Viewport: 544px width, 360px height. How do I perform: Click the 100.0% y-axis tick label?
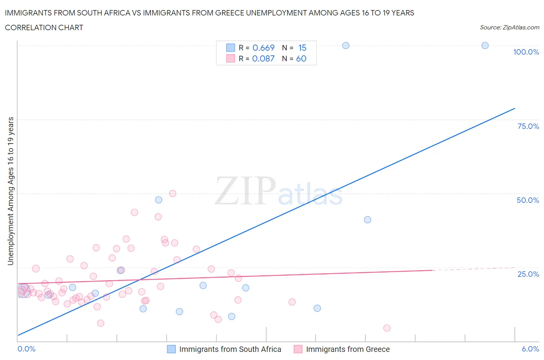(x=526, y=52)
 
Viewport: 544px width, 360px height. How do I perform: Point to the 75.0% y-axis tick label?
(x=528, y=126)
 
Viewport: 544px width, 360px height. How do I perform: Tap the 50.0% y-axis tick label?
(x=528, y=200)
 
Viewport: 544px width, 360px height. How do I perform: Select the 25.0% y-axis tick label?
(x=528, y=274)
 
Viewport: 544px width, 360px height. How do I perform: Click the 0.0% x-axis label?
(x=26, y=349)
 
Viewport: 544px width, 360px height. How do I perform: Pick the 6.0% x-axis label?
(x=530, y=349)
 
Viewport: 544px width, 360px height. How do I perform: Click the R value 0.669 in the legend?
(x=263, y=48)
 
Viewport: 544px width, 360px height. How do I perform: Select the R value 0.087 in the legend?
(x=263, y=58)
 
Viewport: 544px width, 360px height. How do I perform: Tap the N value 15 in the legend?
(x=302, y=48)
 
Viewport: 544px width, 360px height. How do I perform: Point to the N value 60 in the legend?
(x=301, y=58)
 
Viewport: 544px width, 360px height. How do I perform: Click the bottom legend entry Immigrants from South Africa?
(x=230, y=349)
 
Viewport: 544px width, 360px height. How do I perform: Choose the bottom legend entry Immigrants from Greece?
(x=347, y=349)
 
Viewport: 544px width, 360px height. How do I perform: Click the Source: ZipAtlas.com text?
(x=509, y=27)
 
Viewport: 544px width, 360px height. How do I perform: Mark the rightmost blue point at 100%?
(x=485, y=45)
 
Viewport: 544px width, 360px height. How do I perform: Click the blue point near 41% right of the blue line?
(x=368, y=219)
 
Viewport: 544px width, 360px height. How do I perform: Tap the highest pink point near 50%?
(x=173, y=194)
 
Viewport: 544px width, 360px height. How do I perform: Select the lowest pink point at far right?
(x=387, y=328)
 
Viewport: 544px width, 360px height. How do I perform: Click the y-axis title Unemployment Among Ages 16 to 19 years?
(x=10, y=191)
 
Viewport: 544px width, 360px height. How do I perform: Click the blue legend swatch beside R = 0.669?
(x=231, y=48)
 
